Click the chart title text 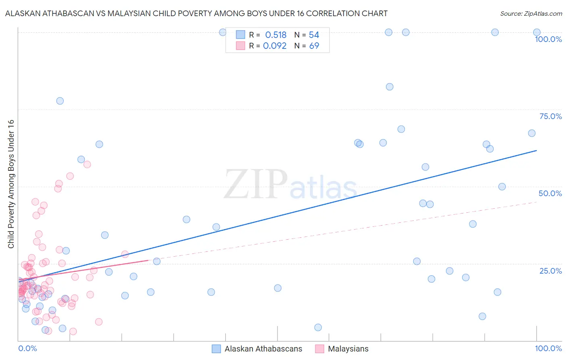coord(196,13)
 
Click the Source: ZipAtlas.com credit coord(531,13)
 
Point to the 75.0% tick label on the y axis coord(550,116)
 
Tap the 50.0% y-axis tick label coord(550,193)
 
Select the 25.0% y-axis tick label coord(550,271)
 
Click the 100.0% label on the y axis coord(548,39)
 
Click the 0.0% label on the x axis coord(27,348)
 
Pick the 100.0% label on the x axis coord(548,348)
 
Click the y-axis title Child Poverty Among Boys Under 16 coord(11,184)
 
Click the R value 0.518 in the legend coord(275,35)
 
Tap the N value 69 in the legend coord(314,46)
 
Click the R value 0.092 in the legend coord(275,46)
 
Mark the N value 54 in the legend coord(314,35)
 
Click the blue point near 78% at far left coord(60,101)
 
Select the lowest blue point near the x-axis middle coord(318,327)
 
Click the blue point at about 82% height coord(390,87)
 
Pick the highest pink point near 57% coord(87,164)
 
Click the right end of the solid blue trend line coord(536,151)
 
